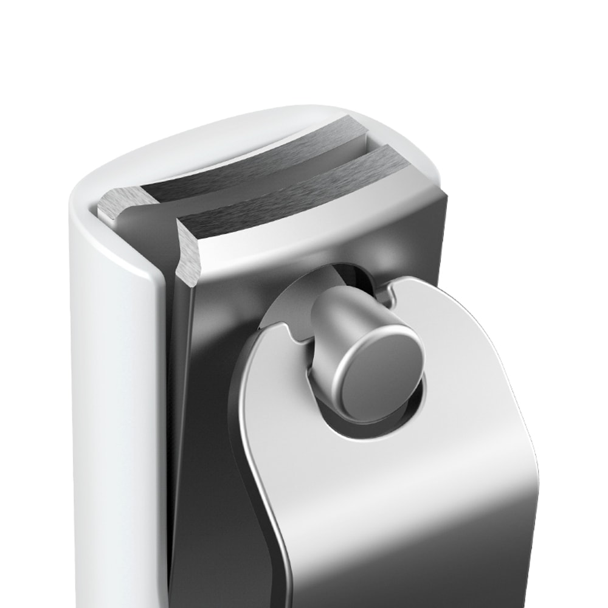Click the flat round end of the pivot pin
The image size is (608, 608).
pyautogui.click(x=381, y=373)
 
